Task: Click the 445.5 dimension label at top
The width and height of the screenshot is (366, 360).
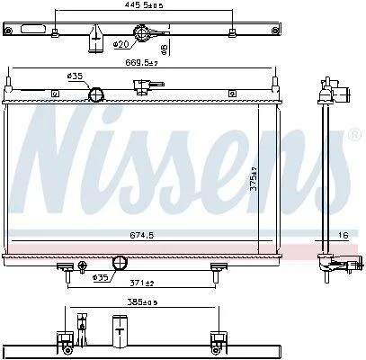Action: [144, 5]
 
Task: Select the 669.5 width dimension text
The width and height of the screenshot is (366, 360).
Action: [141, 63]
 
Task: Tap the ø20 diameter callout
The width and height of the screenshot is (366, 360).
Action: [121, 44]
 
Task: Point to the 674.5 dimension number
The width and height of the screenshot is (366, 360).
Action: [142, 235]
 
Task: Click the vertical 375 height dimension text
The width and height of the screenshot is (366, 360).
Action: [254, 179]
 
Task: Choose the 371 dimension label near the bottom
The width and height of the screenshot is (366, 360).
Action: [141, 283]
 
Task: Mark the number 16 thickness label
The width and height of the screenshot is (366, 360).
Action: [344, 235]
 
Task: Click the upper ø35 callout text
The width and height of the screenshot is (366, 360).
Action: [75, 76]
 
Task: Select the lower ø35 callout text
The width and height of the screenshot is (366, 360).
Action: [100, 278]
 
